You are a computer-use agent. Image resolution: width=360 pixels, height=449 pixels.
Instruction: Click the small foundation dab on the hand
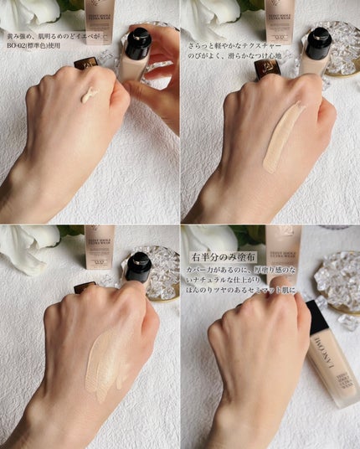tap(89, 97)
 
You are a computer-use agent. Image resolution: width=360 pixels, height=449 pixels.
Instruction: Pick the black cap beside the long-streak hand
tap(318, 42)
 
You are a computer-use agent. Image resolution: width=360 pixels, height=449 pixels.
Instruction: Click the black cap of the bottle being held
tap(137, 42)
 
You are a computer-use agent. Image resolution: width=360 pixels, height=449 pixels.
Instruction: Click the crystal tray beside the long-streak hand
tap(342, 50)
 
